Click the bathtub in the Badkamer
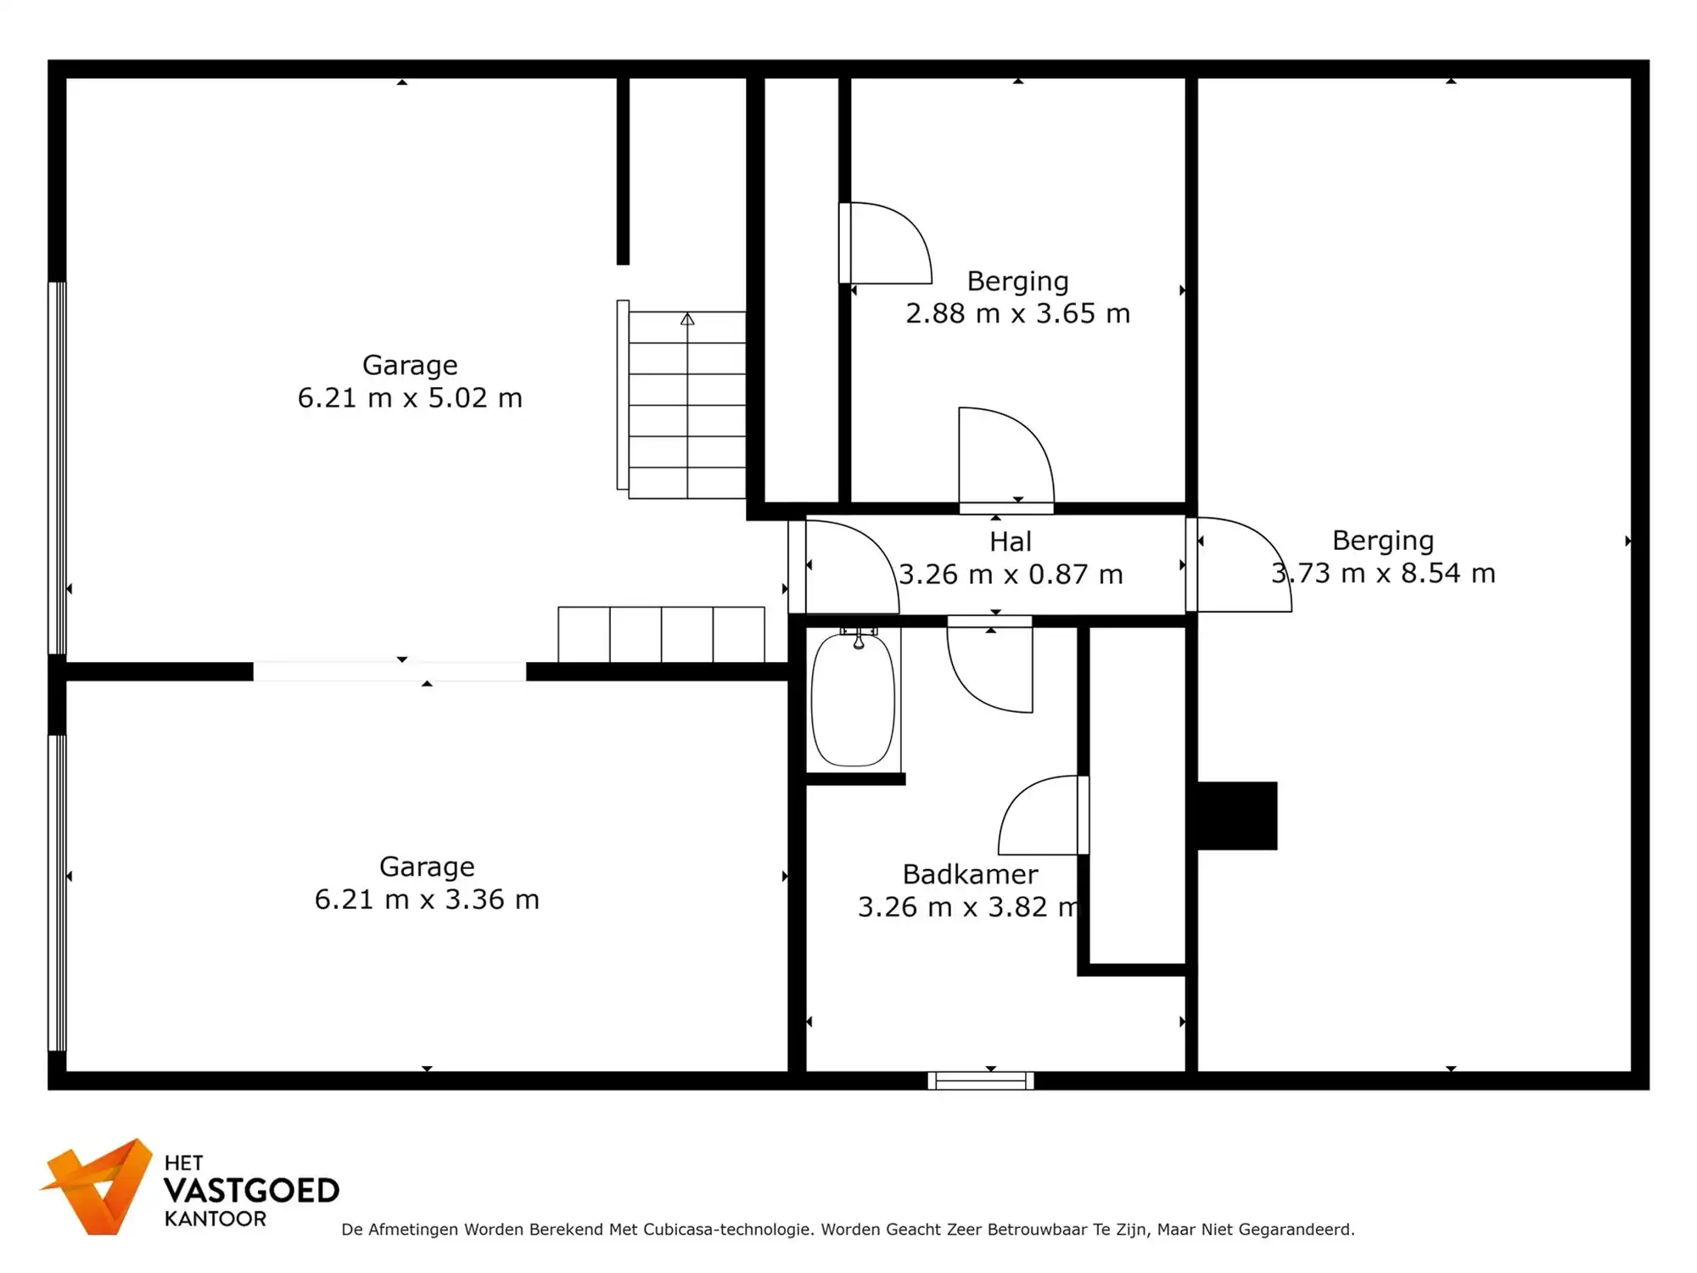pyautogui.click(x=853, y=701)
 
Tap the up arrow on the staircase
pyautogui.click(x=687, y=320)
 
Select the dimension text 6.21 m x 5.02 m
pyautogui.click(x=410, y=398)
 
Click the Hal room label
pyautogui.click(x=1010, y=541)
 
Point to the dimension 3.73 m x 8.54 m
pyautogui.click(x=1383, y=574)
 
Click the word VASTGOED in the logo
pyautogui.click(x=251, y=1191)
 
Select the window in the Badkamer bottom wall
pyautogui.click(x=980, y=1080)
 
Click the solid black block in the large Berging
pyautogui.click(x=1236, y=816)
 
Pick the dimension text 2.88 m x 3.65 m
pyautogui.click(x=1017, y=314)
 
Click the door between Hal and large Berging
pyautogui.click(x=1239, y=564)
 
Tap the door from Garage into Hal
pyautogui.click(x=844, y=567)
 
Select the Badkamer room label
pyautogui.click(x=970, y=874)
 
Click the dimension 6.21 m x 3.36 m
pyautogui.click(x=427, y=900)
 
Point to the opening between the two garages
pyautogui.click(x=389, y=671)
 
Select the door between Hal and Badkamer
pyautogui.click(x=990, y=666)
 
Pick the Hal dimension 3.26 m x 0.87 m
pyautogui.click(x=1010, y=575)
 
